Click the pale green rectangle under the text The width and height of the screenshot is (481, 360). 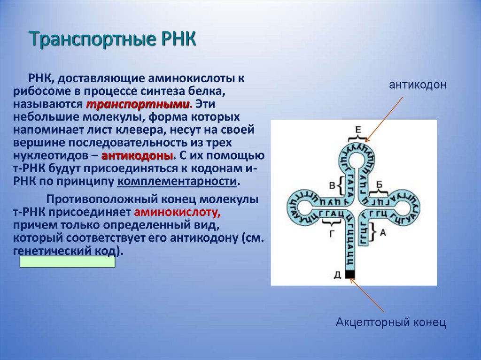[67, 262]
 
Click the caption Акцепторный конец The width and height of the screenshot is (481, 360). [390, 323]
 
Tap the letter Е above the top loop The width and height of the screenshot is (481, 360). [357, 130]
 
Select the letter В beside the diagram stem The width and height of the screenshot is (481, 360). [332, 186]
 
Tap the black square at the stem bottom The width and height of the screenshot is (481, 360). [350, 275]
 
